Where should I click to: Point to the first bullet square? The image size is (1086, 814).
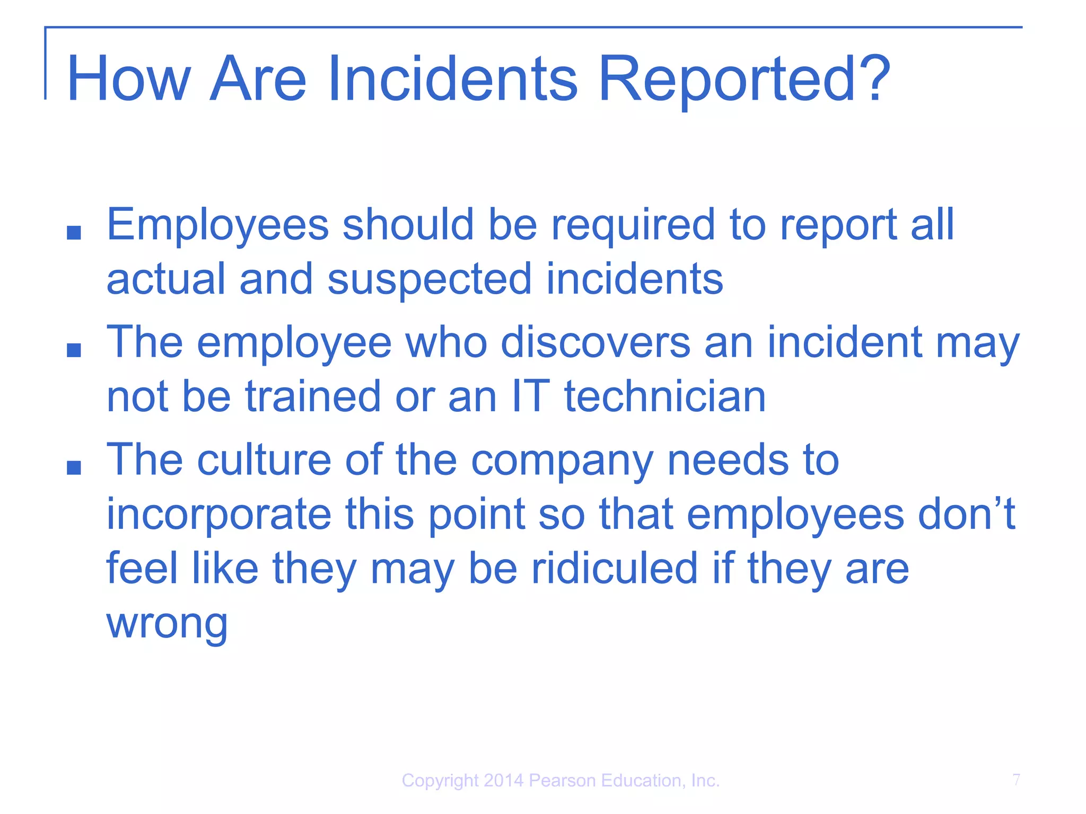coord(74,233)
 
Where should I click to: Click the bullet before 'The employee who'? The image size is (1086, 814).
coord(74,350)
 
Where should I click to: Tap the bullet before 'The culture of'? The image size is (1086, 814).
coord(74,467)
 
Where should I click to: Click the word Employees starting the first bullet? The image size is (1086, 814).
coord(217,225)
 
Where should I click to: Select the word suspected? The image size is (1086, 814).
coord(429,279)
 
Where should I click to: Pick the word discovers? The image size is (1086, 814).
coord(595,342)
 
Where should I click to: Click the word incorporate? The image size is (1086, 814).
coord(219,514)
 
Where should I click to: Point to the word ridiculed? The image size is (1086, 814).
coord(614,568)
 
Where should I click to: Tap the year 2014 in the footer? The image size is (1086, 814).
coord(503,781)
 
